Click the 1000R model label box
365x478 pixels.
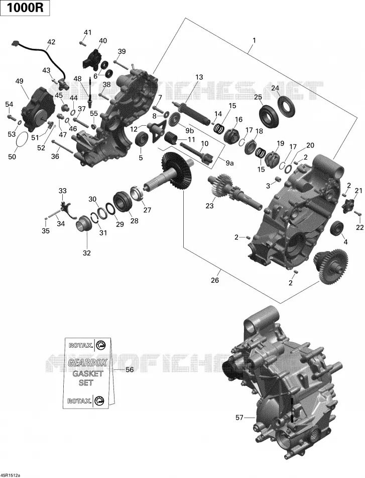[x=25, y=8]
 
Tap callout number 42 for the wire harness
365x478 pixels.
[x=51, y=42]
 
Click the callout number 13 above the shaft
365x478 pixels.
[x=199, y=77]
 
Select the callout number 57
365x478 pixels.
[x=239, y=417]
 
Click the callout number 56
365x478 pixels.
[x=130, y=370]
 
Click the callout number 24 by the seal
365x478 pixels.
[x=275, y=89]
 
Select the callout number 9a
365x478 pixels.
[x=229, y=164]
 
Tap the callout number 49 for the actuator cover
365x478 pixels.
[x=20, y=81]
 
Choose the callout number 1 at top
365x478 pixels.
[x=254, y=40]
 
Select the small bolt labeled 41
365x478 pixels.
[x=81, y=43]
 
